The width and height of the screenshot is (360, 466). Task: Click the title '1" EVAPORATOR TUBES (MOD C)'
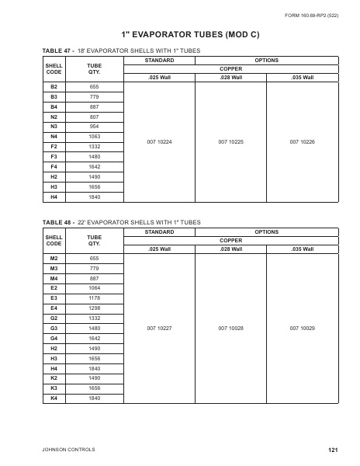point(180,35)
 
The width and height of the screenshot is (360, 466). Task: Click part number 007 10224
point(159,142)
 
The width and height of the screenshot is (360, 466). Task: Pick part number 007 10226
point(302,142)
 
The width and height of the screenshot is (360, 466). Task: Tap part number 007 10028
point(230,329)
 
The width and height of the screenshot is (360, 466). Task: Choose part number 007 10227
point(159,329)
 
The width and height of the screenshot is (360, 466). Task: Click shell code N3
point(54,126)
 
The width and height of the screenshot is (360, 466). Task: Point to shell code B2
point(54,86)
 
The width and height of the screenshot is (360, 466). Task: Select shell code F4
point(54,166)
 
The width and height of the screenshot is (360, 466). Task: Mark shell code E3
point(54,298)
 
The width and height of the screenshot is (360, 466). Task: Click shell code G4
point(54,339)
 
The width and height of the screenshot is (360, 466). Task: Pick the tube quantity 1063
point(95,136)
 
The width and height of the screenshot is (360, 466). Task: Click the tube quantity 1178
point(95,298)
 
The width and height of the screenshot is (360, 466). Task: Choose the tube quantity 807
point(95,116)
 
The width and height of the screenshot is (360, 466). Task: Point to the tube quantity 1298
point(95,308)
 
